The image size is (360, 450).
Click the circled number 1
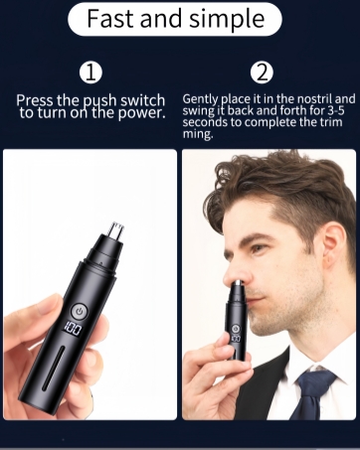(90, 73)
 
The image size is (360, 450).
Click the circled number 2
(263, 73)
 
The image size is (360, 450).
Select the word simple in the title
(231, 19)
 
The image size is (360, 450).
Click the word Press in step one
(37, 100)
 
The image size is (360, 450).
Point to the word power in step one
(142, 112)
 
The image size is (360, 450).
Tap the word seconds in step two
(206, 123)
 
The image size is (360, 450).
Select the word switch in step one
(129, 100)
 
